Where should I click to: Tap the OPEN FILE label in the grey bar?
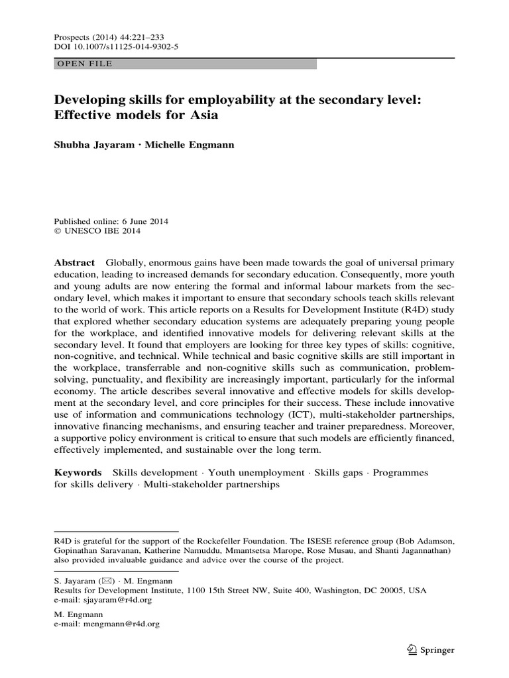point(85,64)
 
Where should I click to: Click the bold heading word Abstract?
point(74,263)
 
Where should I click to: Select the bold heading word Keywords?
point(78,473)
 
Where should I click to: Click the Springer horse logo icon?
point(411,649)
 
